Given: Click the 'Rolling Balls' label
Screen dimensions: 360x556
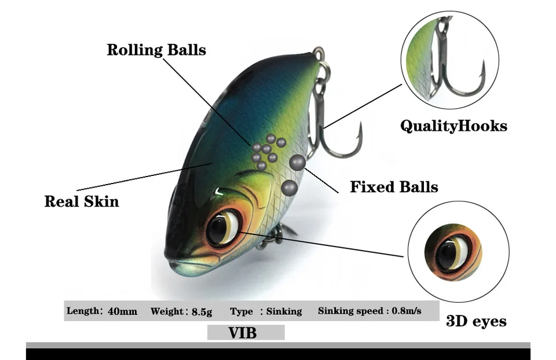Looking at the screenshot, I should coord(156,50).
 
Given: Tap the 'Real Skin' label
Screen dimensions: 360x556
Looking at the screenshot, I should coord(82,201).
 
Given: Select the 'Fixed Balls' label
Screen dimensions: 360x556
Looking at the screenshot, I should coord(394,187).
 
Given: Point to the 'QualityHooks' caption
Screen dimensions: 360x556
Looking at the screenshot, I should coord(453,126).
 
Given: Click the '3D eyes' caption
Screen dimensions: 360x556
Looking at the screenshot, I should coord(476,321).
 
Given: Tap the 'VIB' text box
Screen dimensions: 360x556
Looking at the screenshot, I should coord(246,333).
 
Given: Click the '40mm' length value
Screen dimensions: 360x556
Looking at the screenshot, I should coord(123,311).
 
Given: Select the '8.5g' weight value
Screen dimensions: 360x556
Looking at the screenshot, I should coord(202,312).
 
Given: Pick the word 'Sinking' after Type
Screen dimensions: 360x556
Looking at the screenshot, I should coord(284,311).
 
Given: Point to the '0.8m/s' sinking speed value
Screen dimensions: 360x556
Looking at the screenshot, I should coord(407,311).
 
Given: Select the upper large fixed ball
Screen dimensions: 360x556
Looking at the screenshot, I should coord(298,163).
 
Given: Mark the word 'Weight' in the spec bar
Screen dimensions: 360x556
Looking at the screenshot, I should coord(167,311).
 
